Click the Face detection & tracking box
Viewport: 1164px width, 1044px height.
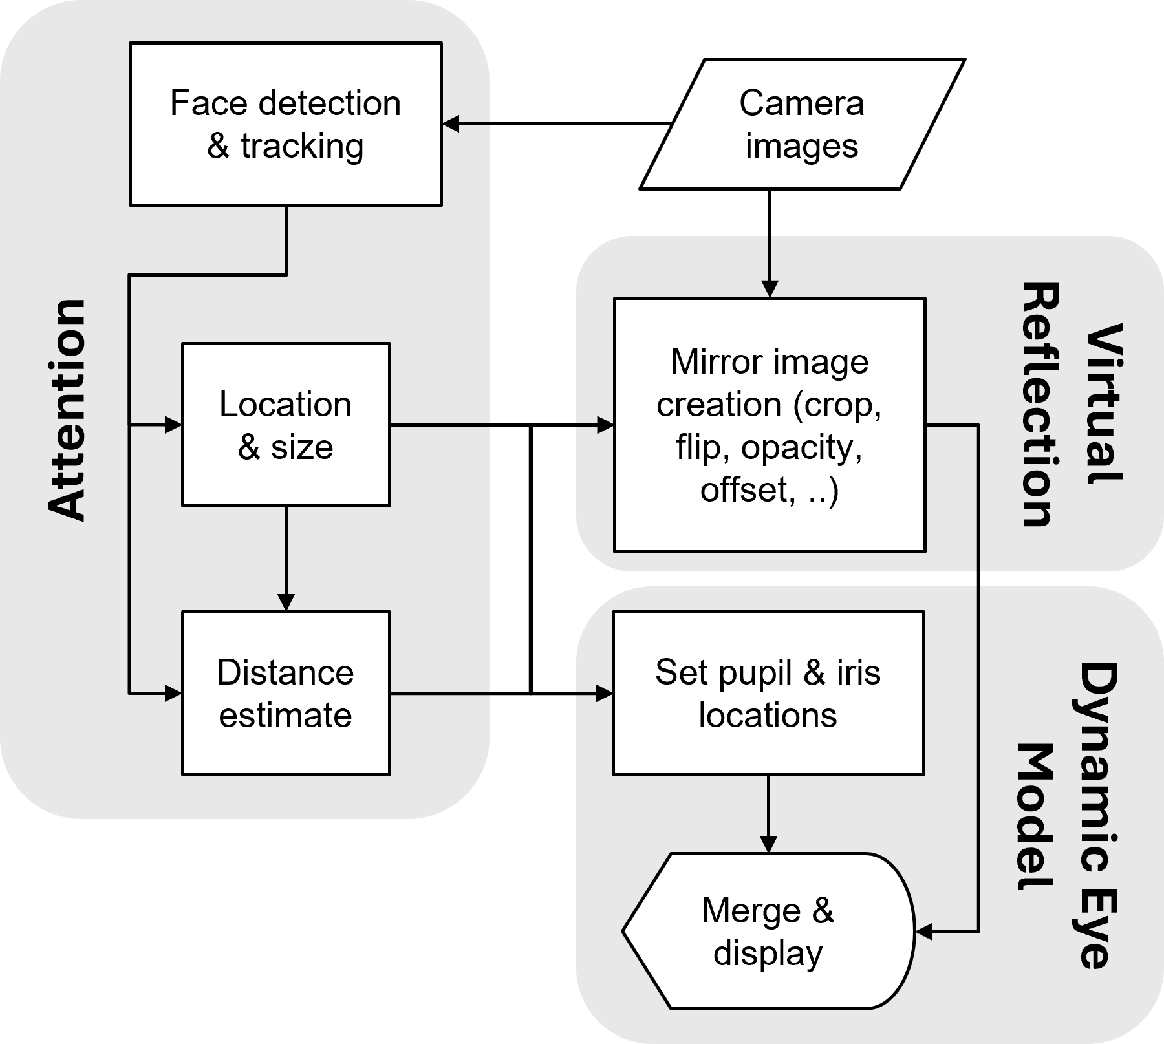(285, 124)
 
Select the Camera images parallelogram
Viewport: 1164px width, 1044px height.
(801, 124)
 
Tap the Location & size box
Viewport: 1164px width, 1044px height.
(285, 425)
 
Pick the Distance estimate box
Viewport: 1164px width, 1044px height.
(285, 693)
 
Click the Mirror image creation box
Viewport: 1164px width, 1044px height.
(769, 425)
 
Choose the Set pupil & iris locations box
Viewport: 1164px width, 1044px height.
(768, 693)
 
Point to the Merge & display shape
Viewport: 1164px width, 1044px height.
(768, 931)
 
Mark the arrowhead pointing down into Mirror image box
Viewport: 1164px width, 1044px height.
(769, 288)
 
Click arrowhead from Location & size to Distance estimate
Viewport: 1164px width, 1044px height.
(285, 602)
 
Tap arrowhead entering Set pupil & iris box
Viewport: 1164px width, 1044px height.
(604, 694)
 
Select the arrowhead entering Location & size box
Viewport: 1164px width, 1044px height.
(173, 425)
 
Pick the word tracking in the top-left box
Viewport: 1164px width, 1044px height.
(302, 147)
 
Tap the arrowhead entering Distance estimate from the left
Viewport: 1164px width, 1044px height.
(173, 694)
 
